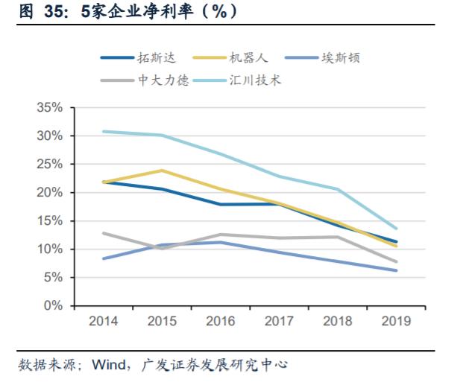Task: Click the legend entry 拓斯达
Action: click(154, 57)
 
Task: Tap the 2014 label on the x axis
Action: click(103, 321)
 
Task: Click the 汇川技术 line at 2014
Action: click(103, 131)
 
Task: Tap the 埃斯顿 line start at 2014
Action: click(103, 258)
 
